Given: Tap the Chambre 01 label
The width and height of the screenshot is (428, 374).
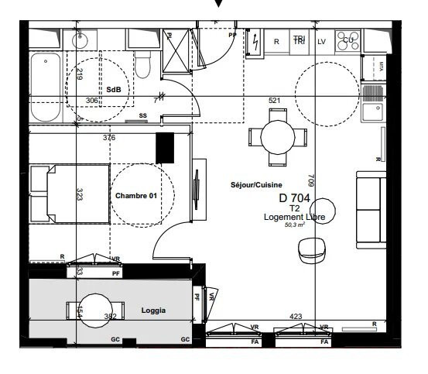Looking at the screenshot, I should (x=136, y=196).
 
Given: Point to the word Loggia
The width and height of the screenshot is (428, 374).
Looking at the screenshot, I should (x=153, y=311).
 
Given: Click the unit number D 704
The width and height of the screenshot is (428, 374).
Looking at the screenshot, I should (x=294, y=198).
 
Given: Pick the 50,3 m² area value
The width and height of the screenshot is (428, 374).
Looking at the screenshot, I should (x=295, y=225).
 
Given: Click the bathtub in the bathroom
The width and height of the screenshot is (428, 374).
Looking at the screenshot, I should (x=46, y=87).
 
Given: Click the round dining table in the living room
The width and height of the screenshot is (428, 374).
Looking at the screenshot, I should (x=277, y=137).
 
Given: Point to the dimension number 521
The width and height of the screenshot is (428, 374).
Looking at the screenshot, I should (x=274, y=101).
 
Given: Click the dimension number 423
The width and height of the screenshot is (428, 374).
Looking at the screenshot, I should (x=296, y=316).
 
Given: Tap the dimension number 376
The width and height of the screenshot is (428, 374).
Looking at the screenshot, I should (x=109, y=138).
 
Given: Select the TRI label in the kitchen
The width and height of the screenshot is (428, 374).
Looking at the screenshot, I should (x=299, y=40).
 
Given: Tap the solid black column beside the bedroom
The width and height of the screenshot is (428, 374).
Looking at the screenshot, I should (x=164, y=147).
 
